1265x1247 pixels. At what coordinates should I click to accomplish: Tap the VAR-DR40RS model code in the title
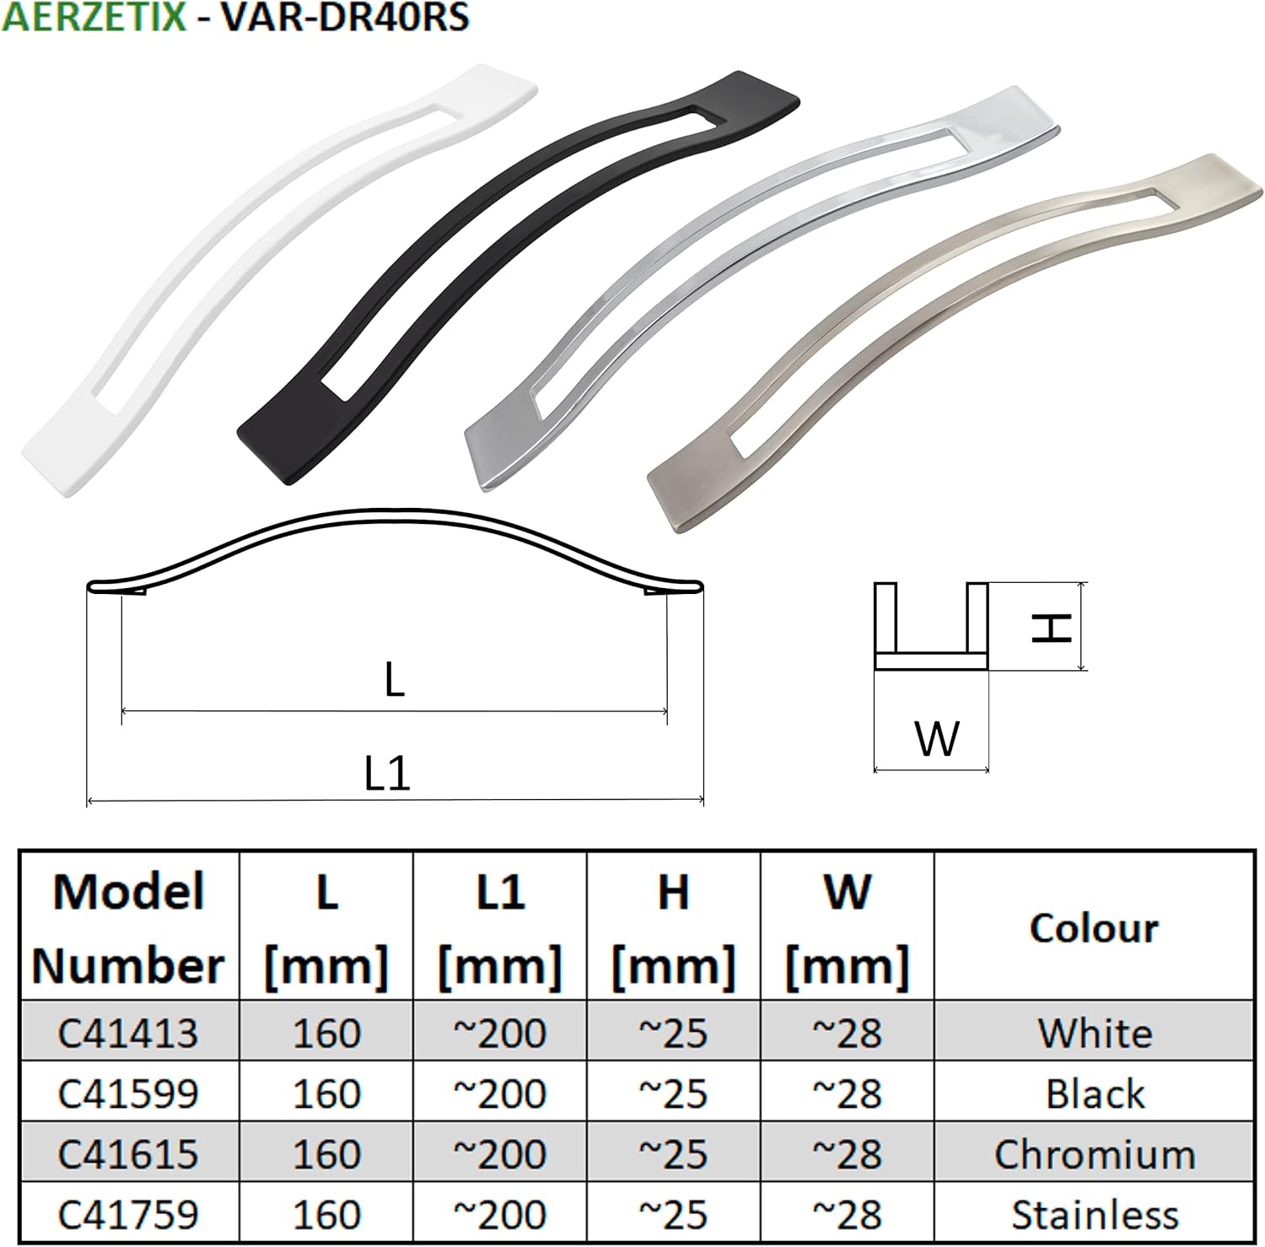pos(344,17)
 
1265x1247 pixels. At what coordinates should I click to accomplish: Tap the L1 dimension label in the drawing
pos(387,772)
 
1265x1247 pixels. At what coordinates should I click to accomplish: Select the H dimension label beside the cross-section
pos(1052,627)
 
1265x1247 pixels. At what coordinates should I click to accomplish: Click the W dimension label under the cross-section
pos(936,738)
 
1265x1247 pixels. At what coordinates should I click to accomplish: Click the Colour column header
pos(1094,927)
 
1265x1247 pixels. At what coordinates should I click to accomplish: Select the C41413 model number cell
pos(128,1032)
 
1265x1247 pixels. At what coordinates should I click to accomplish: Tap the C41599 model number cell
pos(128,1093)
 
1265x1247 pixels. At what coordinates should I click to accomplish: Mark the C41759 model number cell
pos(128,1214)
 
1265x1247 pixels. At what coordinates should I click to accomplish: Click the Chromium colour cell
pos(1094,1153)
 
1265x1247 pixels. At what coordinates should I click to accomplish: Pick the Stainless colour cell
pos(1094,1214)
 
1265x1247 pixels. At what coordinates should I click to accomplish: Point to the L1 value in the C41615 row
pos(500,1153)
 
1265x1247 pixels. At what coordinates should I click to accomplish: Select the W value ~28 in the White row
pos(847,1032)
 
